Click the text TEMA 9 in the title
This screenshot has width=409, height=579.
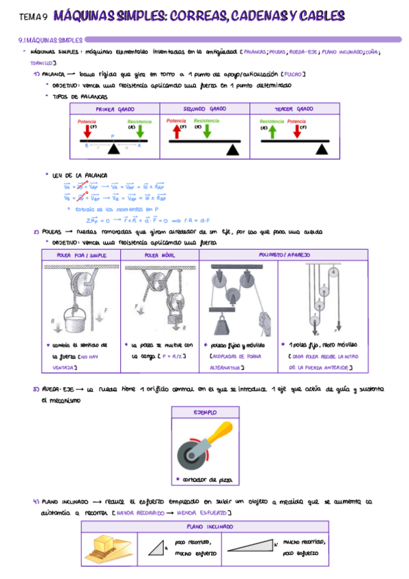tap(32, 15)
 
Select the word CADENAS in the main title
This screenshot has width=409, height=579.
tap(264, 14)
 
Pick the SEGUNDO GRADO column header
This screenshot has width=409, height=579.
tap(205, 109)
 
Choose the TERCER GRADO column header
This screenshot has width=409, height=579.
tap(294, 109)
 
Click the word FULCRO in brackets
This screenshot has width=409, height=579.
tap(292, 74)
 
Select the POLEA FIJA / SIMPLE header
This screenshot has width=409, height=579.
tap(81, 255)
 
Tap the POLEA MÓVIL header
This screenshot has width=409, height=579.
tap(160, 255)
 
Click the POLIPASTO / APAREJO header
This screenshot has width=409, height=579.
tap(284, 255)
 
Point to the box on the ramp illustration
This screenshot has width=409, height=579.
tap(105, 544)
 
